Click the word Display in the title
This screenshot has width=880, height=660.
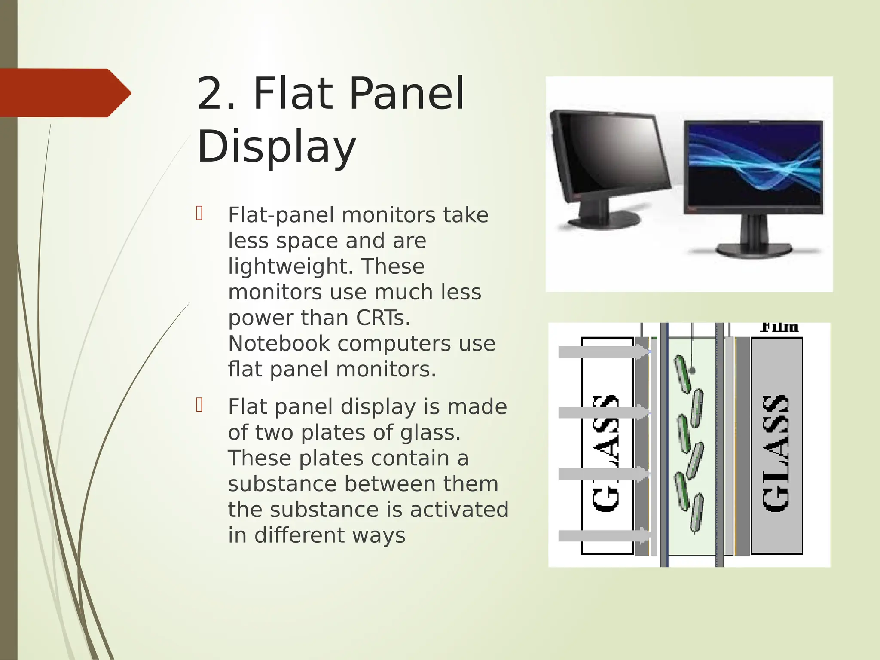click(276, 147)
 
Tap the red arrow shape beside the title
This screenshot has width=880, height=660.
click(64, 93)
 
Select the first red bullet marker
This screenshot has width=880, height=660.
click(199, 214)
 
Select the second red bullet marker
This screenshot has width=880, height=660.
click(199, 405)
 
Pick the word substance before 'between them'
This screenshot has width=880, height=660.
click(282, 484)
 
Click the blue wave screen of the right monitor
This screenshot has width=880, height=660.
click(754, 165)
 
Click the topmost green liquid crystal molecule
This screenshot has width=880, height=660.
click(682, 374)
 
